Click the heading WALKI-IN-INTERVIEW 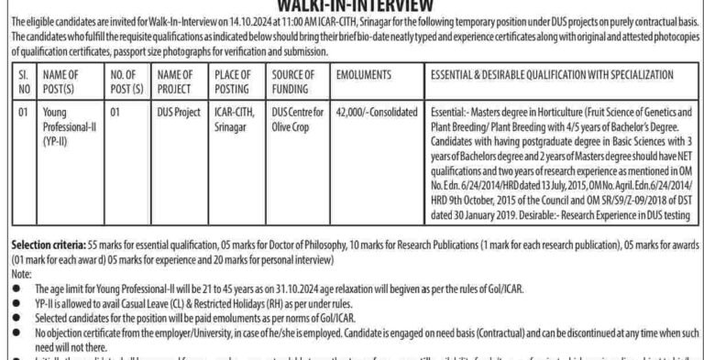353,5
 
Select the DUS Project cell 178,136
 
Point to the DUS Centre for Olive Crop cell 296,142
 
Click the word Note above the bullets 18,275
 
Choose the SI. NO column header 24,85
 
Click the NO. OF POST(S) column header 119,85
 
